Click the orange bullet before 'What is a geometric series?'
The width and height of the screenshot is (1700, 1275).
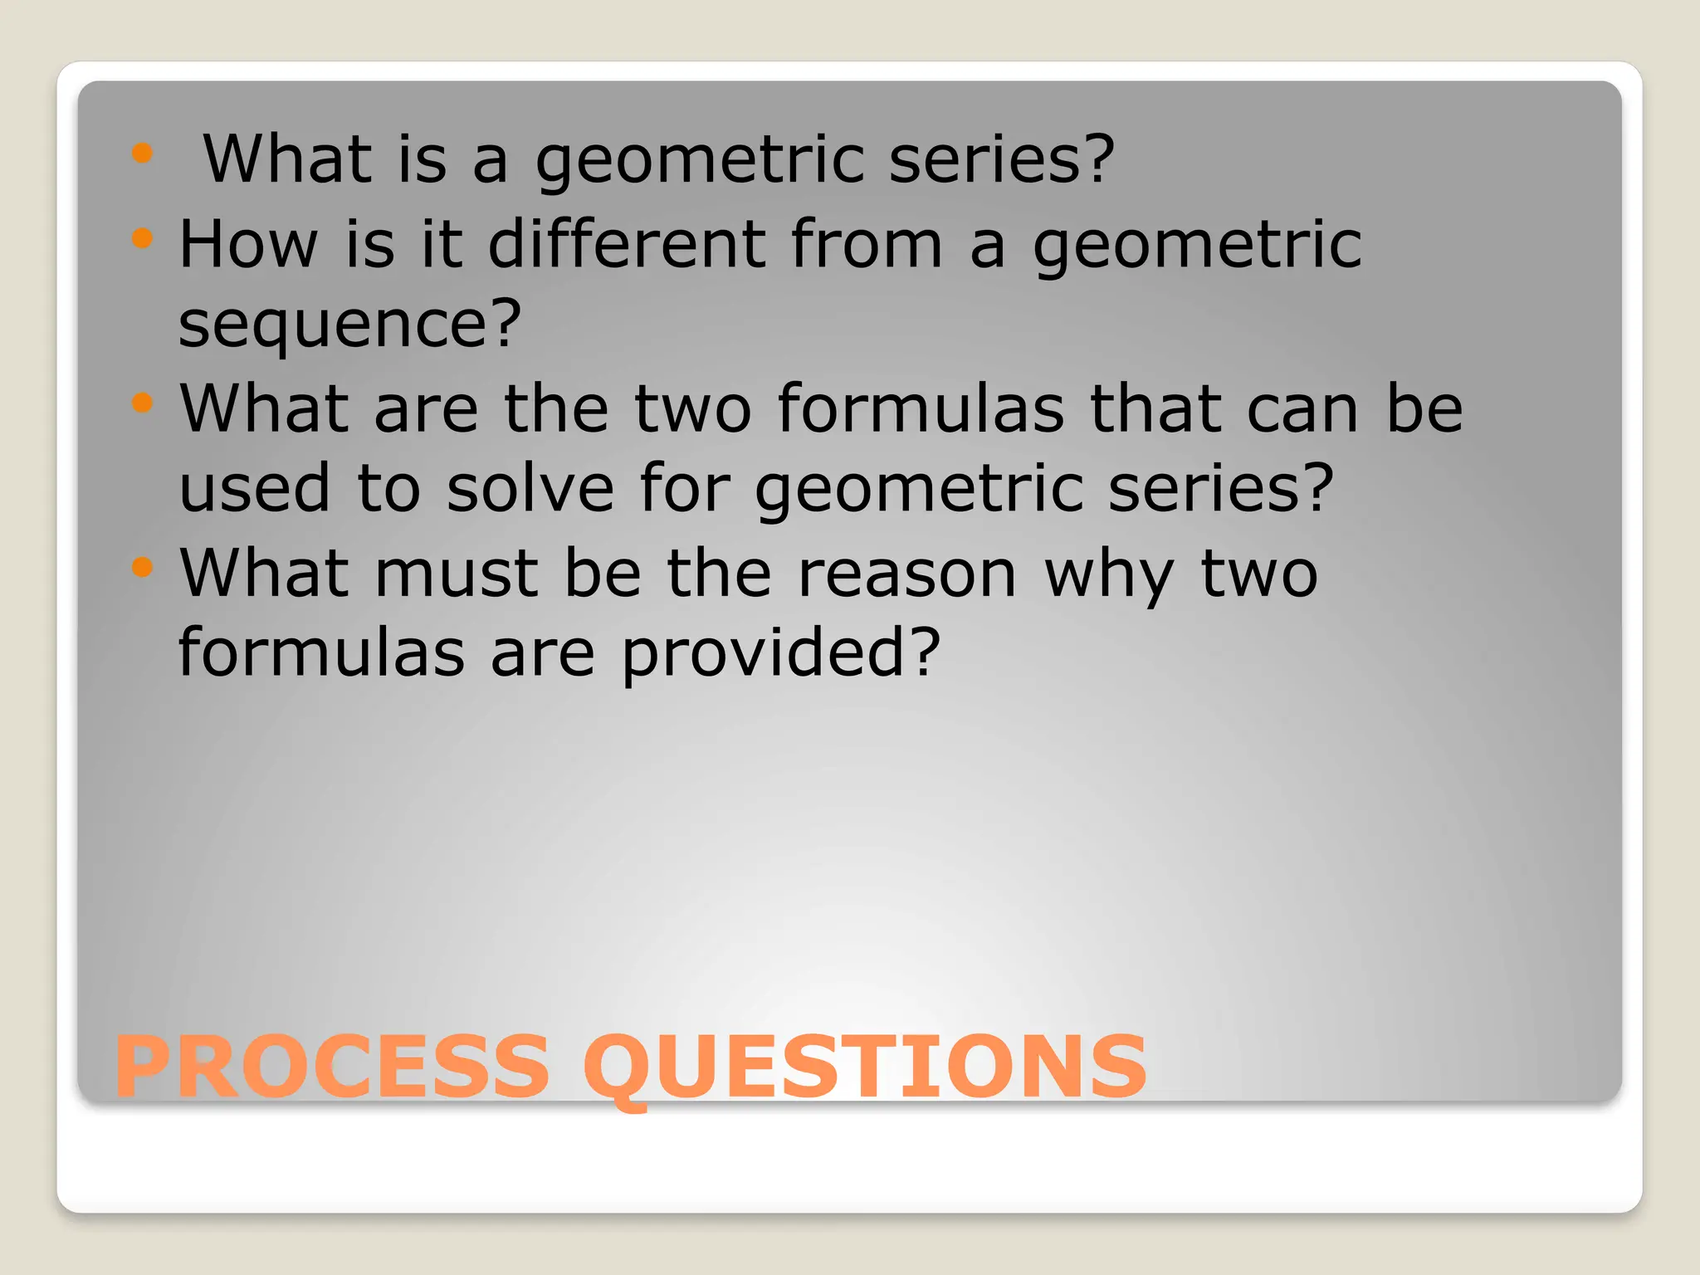pyautogui.click(x=143, y=153)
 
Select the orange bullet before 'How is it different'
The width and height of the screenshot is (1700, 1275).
pyautogui.click(x=143, y=239)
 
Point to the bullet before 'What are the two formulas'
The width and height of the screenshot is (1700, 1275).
pyautogui.click(x=143, y=403)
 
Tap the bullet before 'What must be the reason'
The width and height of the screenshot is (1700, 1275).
pyautogui.click(x=143, y=568)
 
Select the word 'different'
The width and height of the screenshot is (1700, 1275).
pyautogui.click(x=627, y=244)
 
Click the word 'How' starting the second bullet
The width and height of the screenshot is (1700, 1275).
pyautogui.click(x=248, y=244)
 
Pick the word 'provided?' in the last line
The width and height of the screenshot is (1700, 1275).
pyautogui.click(x=781, y=654)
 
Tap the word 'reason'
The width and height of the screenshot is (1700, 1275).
pyautogui.click(x=906, y=574)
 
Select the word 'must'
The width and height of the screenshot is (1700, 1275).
pyautogui.click(x=457, y=574)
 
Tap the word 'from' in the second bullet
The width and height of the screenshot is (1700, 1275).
pyautogui.click(x=867, y=244)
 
